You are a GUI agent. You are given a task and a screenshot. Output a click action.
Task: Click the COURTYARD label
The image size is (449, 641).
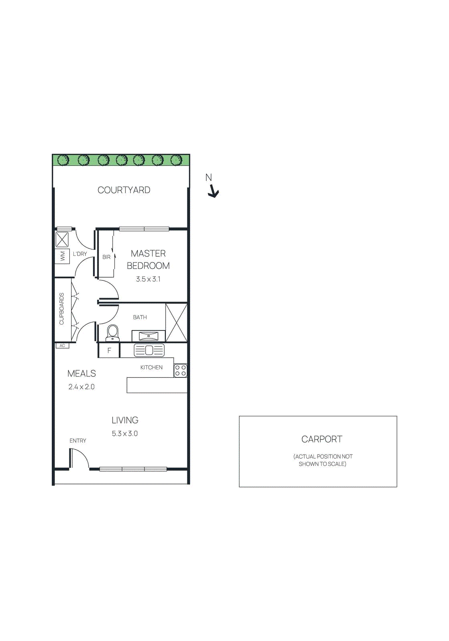point(124,190)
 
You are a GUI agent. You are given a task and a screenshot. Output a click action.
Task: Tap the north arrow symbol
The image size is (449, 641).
point(213,192)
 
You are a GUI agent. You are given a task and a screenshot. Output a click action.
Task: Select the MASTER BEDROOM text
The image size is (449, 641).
point(148,260)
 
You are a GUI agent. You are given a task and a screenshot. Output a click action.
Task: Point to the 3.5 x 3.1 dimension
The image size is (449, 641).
point(148,279)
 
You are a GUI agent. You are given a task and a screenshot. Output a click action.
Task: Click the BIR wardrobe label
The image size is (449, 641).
point(106,257)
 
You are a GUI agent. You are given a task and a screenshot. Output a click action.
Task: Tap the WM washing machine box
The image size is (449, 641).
point(62,256)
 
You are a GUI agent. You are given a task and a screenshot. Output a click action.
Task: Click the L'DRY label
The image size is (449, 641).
point(80,254)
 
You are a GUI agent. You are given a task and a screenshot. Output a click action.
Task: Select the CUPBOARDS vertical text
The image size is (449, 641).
point(62,308)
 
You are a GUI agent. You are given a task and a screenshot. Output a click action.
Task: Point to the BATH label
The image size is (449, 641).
point(140,317)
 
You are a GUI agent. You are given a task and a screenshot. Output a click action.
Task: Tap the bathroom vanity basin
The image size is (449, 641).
point(148,336)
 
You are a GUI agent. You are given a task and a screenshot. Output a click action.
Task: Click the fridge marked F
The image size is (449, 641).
point(109,351)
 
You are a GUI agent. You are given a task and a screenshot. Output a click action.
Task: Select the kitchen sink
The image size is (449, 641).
point(149,351)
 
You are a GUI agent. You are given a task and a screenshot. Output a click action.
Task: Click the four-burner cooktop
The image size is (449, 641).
point(180,371)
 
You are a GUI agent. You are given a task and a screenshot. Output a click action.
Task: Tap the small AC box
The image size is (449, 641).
point(62,346)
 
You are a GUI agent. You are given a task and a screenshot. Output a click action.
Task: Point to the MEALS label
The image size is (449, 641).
point(82,373)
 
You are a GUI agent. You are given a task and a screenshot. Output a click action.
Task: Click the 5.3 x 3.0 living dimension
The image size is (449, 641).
point(125,433)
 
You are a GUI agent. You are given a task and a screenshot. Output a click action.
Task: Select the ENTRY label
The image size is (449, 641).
point(78,441)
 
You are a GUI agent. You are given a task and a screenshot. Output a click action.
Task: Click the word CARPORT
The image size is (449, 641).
point(322,439)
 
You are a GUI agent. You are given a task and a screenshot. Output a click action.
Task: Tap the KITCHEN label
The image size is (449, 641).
point(152,367)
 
